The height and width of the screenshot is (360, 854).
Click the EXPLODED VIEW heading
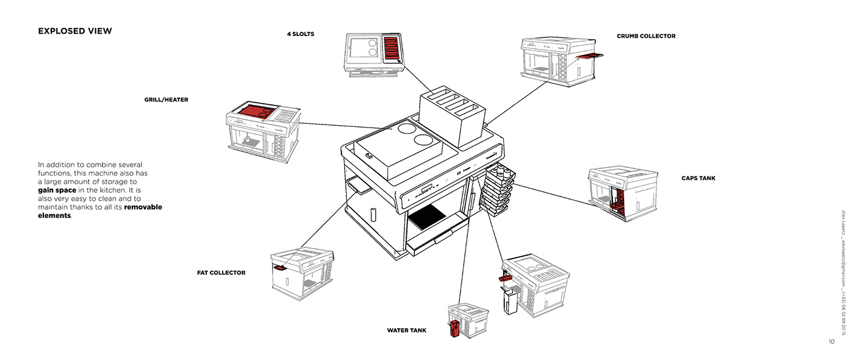tap(75, 31)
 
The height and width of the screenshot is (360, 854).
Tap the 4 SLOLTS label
tap(301, 34)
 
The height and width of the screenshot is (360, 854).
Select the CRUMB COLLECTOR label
tap(646, 36)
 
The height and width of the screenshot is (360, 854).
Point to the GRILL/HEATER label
tap(166, 99)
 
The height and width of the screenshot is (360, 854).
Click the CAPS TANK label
tap(698, 178)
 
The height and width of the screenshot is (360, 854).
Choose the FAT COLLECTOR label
tap(221, 273)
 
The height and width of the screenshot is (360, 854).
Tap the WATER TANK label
tap(406, 331)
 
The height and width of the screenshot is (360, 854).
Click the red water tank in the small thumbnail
tap(454, 329)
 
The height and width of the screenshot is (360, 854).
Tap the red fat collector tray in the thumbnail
tap(281, 267)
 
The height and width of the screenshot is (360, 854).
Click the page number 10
tap(831, 342)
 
